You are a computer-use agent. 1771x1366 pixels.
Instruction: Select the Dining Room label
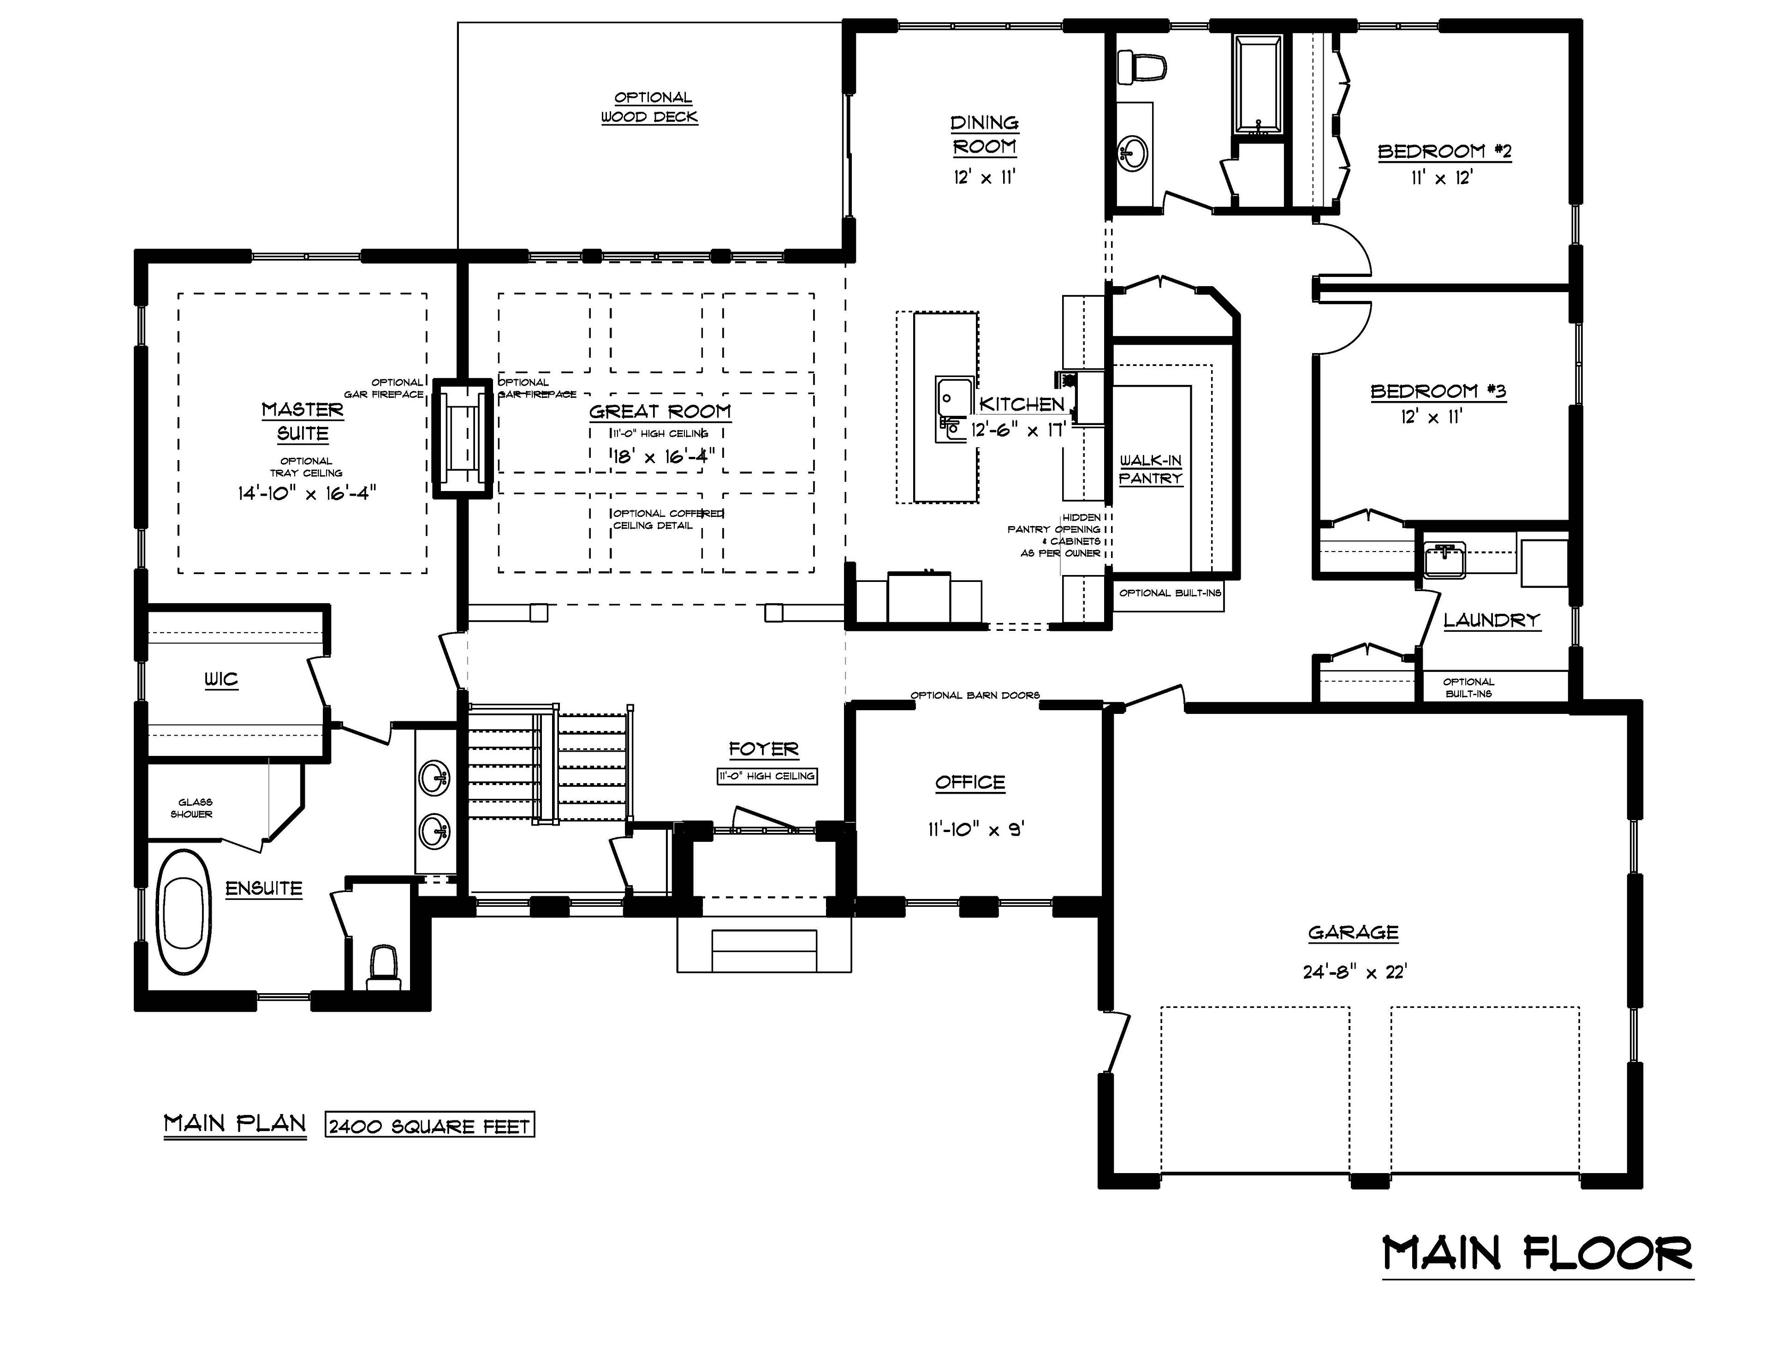click(x=985, y=135)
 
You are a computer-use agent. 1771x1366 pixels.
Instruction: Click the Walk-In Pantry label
click(x=1151, y=470)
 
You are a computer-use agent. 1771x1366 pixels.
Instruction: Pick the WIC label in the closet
click(x=221, y=679)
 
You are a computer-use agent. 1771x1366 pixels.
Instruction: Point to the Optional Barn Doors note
click(x=975, y=695)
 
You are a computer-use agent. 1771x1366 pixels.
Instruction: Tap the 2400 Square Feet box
click(x=430, y=1126)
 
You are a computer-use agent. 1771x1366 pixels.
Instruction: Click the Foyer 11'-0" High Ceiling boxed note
click(x=767, y=776)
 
